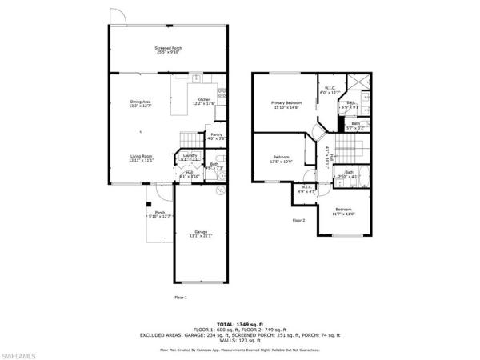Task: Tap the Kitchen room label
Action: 203,101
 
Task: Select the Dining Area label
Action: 141,103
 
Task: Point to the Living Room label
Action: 141,158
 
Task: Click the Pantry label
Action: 216,137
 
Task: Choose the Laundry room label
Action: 190,157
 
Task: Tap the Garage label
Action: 200,234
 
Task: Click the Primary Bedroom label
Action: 284,105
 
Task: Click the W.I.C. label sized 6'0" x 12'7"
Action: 330,90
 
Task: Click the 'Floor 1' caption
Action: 181,297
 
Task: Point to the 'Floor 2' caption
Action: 298,220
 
